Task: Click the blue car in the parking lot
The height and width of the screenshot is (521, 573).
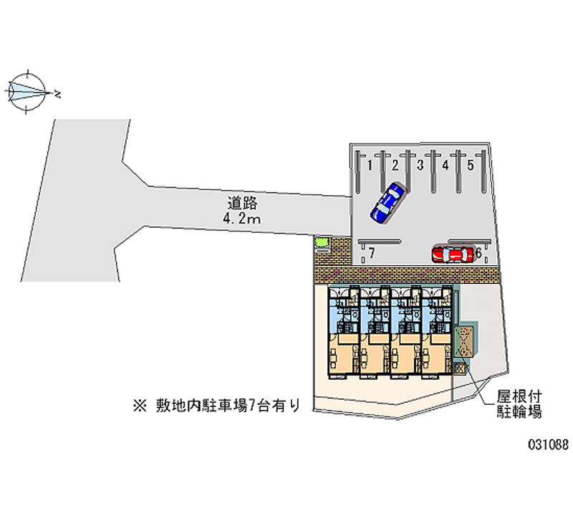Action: (387, 203)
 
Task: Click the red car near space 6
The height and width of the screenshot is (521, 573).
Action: (453, 254)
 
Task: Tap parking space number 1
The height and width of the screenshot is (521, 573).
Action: (370, 166)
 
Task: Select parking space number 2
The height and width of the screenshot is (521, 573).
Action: (395, 166)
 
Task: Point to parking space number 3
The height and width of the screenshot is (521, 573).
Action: (420, 166)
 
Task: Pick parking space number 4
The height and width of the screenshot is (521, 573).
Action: (445, 166)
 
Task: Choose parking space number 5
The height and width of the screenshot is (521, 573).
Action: (471, 166)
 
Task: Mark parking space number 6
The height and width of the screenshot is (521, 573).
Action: (478, 253)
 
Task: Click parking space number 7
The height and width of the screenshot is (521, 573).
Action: (372, 253)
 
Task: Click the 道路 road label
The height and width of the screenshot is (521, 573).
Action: (242, 203)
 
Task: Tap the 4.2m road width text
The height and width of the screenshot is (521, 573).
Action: (241, 219)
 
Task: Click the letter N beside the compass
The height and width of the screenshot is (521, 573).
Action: (57, 94)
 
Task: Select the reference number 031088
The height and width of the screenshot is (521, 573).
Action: (548, 444)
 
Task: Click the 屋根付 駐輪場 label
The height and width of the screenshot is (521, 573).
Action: (519, 404)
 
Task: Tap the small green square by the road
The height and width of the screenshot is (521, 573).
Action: (322, 242)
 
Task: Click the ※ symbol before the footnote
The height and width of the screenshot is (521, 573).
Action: (140, 406)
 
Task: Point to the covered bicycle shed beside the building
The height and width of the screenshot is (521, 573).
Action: (464, 342)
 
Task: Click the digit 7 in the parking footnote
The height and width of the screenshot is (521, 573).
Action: (252, 406)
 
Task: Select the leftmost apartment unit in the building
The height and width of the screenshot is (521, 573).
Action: (344, 332)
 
